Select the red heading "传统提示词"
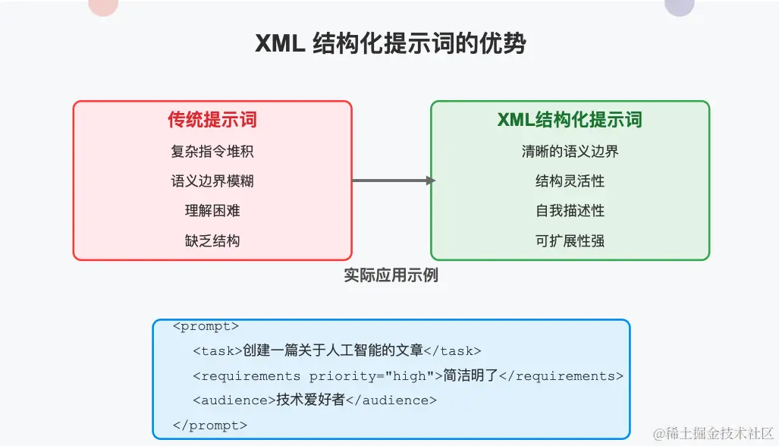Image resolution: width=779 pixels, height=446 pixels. (x=212, y=120)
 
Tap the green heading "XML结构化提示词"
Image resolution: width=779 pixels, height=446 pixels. (x=570, y=120)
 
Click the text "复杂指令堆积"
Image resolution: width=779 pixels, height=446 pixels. (x=212, y=151)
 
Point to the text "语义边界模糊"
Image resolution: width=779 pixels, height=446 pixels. (x=212, y=181)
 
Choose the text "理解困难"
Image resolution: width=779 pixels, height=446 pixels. (x=212, y=211)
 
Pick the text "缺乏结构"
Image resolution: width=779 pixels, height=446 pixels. (x=212, y=241)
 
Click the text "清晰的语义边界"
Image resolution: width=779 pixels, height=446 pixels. (x=570, y=151)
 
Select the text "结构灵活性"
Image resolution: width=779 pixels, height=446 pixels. (x=570, y=181)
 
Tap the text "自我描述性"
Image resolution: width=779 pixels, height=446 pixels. (x=570, y=211)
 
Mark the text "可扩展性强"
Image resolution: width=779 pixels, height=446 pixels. (x=570, y=241)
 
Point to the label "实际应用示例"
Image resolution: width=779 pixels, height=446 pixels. (x=391, y=275)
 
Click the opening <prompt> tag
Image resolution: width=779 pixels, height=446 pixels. (x=206, y=327)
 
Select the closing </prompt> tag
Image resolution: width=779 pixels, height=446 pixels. (x=210, y=426)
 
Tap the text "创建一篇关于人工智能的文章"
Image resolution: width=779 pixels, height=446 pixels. (x=332, y=351)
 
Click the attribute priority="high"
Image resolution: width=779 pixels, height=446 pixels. (x=368, y=376)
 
